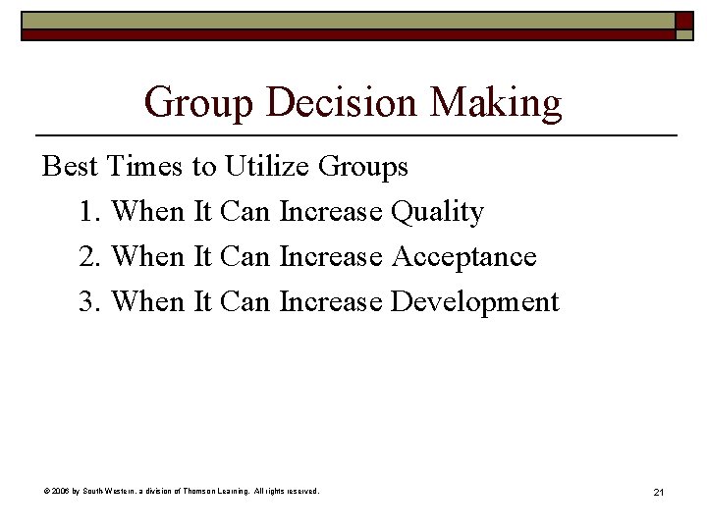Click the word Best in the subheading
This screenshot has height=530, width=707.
coord(70,167)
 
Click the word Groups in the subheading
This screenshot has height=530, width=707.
coord(363,168)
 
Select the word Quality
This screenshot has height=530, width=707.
coord(437,213)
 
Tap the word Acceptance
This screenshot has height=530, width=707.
coord(463,257)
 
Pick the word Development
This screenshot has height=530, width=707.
coord(474,302)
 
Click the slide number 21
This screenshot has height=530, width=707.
coord(658,491)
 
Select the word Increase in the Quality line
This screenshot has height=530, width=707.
coord(331,212)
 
